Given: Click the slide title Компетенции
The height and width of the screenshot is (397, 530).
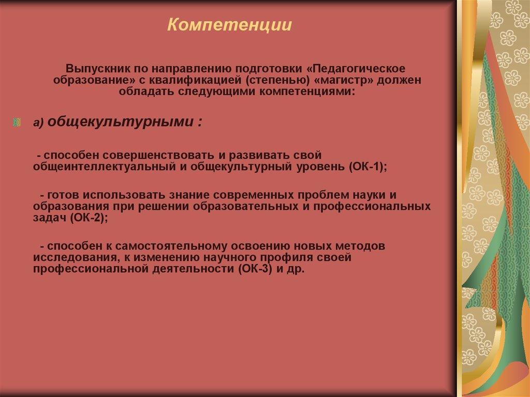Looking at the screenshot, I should pyautogui.click(x=229, y=25).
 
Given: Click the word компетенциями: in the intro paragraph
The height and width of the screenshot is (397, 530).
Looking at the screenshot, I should pyautogui.click(x=307, y=92).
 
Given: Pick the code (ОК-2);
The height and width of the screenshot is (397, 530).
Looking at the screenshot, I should pyautogui.click(x=89, y=218).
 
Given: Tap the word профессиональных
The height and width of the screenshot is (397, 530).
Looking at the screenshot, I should pyautogui.click(x=378, y=206).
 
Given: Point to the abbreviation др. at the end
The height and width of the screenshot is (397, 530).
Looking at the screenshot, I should pyautogui.click(x=297, y=270).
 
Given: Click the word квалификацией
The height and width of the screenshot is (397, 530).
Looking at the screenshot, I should pyautogui.click(x=195, y=80).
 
